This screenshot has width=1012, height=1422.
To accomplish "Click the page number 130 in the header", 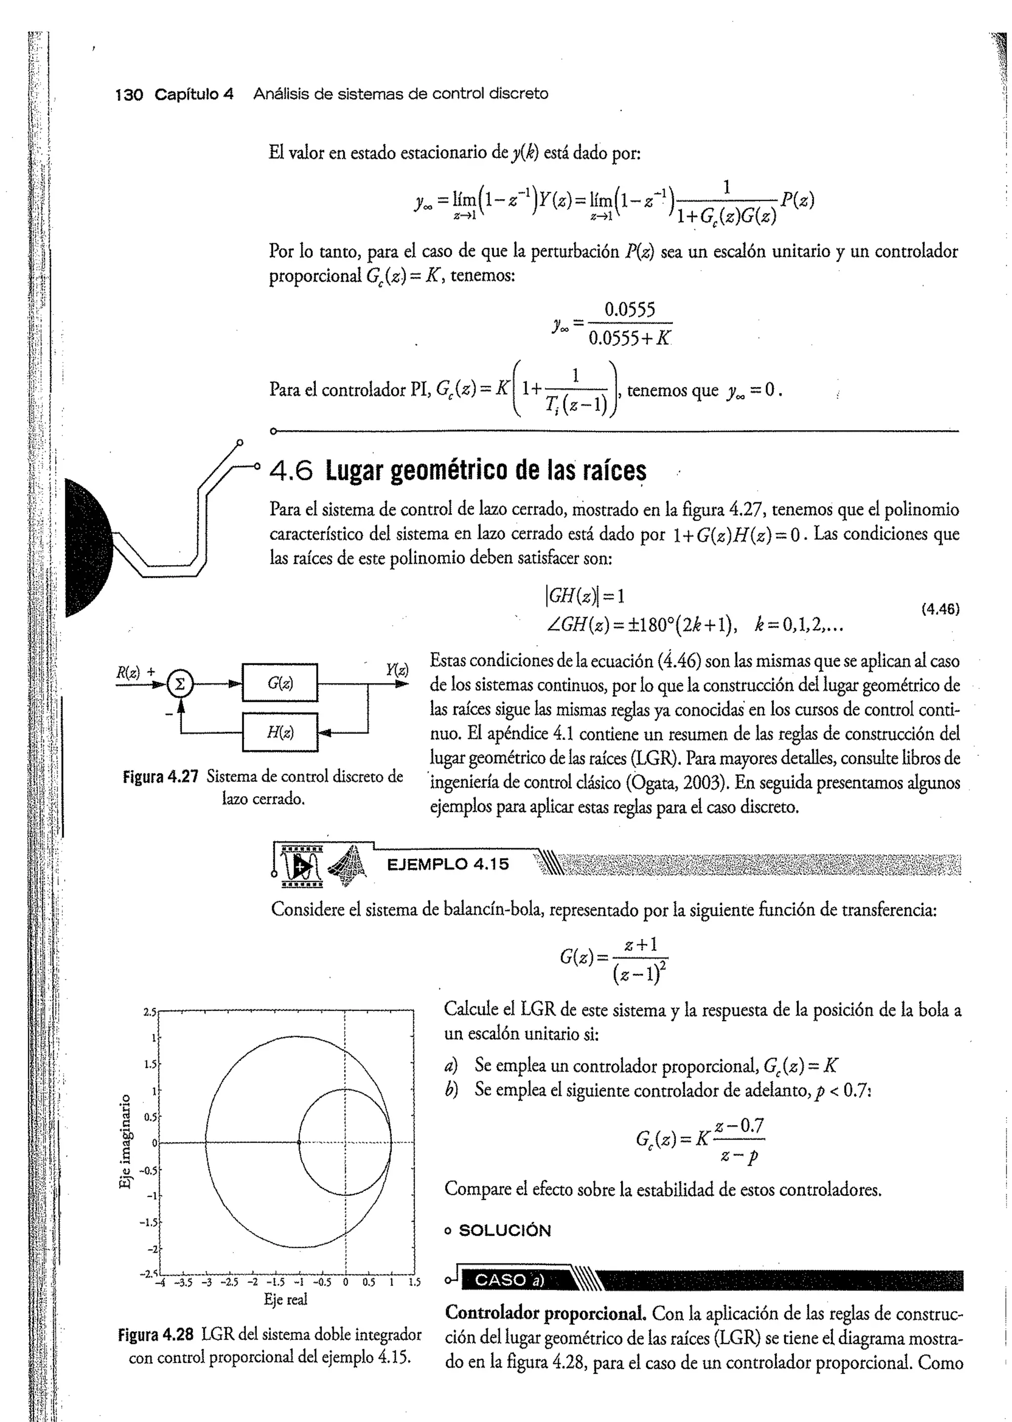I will pyautogui.click(x=129, y=95).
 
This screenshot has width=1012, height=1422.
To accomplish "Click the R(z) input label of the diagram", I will pyautogui.click(x=129, y=671).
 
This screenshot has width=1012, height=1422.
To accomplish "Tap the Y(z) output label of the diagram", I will pyautogui.click(x=396, y=670).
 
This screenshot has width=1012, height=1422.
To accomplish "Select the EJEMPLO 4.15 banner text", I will pyautogui.click(x=447, y=864).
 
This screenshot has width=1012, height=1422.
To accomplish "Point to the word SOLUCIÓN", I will pyautogui.click(x=504, y=1231).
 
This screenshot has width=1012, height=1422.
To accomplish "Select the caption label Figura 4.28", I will pyautogui.click(x=158, y=1335).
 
